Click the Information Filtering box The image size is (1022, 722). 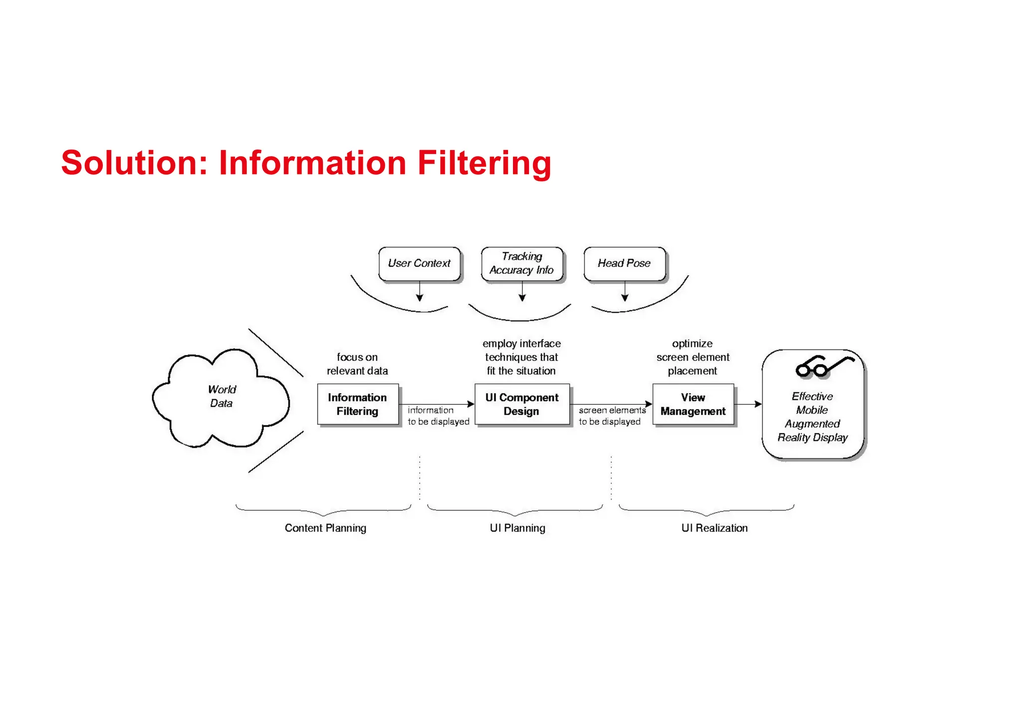[x=357, y=404]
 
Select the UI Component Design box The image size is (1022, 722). [x=521, y=404]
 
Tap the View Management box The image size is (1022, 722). [x=693, y=404]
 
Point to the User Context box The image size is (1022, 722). [x=419, y=263]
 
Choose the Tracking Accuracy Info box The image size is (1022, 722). [x=522, y=263]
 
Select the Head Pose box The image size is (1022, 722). [x=624, y=263]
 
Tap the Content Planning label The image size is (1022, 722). [x=325, y=528]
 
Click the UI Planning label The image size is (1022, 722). [x=517, y=528]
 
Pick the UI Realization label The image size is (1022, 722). [x=714, y=528]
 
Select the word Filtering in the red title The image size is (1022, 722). [x=484, y=163]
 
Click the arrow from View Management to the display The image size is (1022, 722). [x=748, y=404]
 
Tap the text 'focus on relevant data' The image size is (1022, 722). [x=357, y=364]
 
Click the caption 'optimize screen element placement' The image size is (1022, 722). [x=693, y=357]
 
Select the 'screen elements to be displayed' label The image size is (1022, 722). [x=612, y=416]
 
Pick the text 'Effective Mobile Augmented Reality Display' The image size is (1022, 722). [x=812, y=417]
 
